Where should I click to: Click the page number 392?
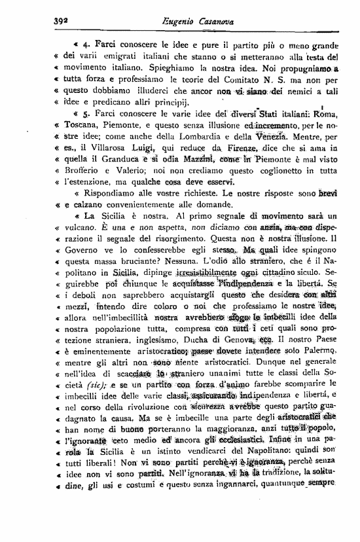click(x=63, y=21)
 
